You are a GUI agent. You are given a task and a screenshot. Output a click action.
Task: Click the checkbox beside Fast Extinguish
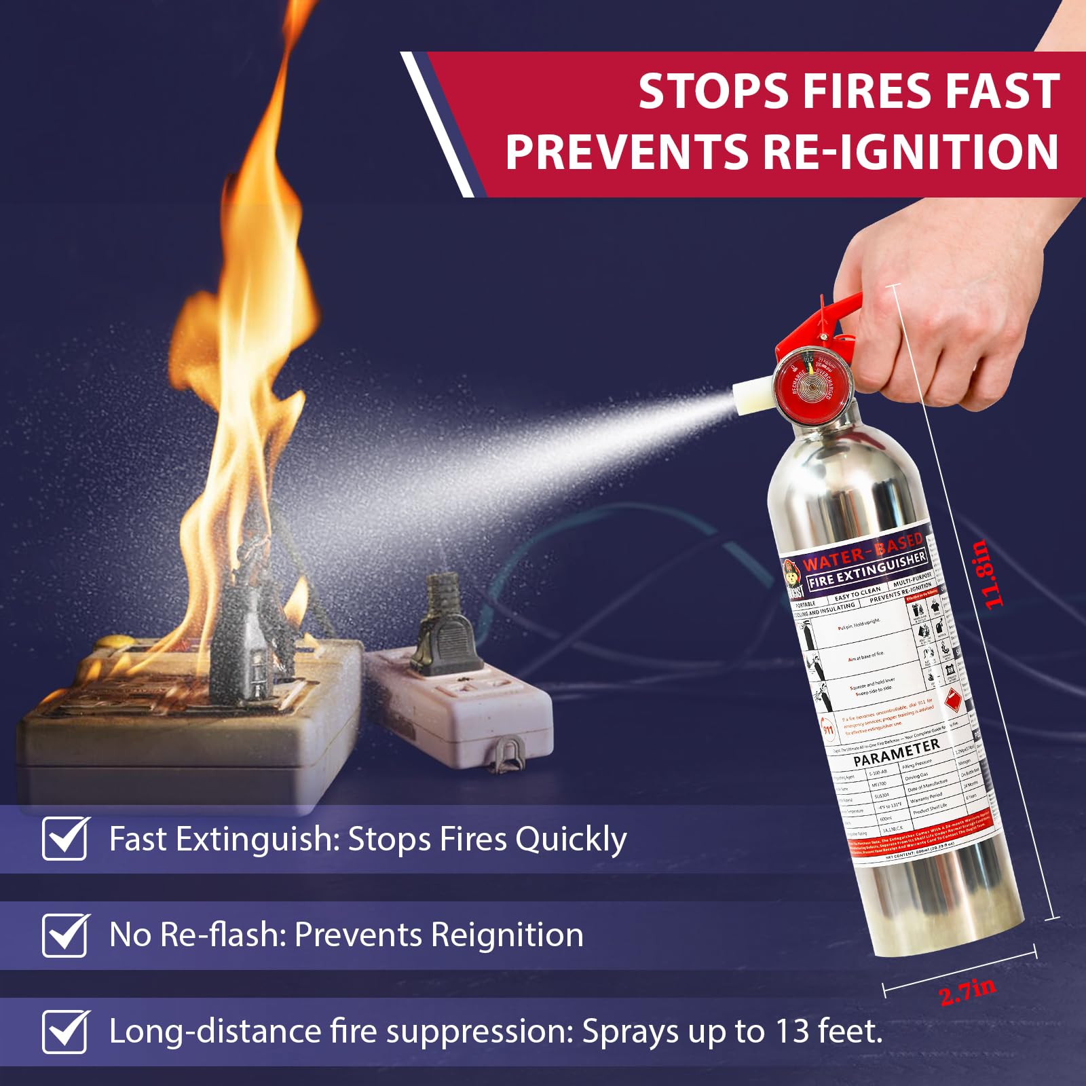[x=64, y=839]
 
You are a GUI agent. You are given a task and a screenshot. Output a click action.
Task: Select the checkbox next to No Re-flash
[x=64, y=935]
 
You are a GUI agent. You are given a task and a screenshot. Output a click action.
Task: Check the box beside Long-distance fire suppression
[x=64, y=1032]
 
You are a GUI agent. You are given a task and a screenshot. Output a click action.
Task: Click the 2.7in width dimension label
[x=968, y=992]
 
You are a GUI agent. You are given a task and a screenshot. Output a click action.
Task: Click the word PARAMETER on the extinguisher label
[x=896, y=751]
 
